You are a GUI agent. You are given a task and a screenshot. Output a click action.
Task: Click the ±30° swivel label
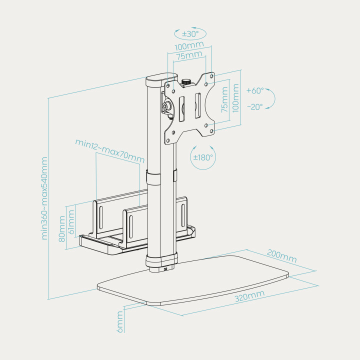coord(190,34)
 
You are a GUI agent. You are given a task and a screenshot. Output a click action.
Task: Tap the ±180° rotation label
coord(203,157)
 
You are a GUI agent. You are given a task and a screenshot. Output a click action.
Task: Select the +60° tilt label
coord(255,90)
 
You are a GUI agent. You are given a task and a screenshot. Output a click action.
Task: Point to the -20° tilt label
coord(255,107)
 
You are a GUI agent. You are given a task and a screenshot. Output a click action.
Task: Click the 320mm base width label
coord(249,295)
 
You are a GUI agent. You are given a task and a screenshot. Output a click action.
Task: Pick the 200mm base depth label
coord(281,256)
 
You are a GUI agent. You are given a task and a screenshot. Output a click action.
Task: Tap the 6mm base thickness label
coord(120,322)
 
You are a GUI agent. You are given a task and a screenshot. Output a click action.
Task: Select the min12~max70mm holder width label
coord(110,151)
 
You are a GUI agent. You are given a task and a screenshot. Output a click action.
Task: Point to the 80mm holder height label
coord(62,229)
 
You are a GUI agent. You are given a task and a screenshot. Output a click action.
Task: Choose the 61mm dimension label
coord(71,222)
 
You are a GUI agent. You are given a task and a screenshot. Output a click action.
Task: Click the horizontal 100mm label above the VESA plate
coord(189,45)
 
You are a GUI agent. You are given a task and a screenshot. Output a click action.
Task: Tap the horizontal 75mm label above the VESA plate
coord(189,55)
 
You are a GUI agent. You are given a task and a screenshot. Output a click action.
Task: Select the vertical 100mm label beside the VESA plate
coord(235,98)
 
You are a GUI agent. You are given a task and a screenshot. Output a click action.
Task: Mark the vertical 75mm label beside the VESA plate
coord(224,99)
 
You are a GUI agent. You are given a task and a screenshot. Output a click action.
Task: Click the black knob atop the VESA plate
coord(186,82)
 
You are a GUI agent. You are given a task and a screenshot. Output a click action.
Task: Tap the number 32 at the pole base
coord(166,269)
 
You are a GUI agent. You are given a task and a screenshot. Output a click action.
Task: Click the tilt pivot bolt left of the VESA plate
coord(165,106)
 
